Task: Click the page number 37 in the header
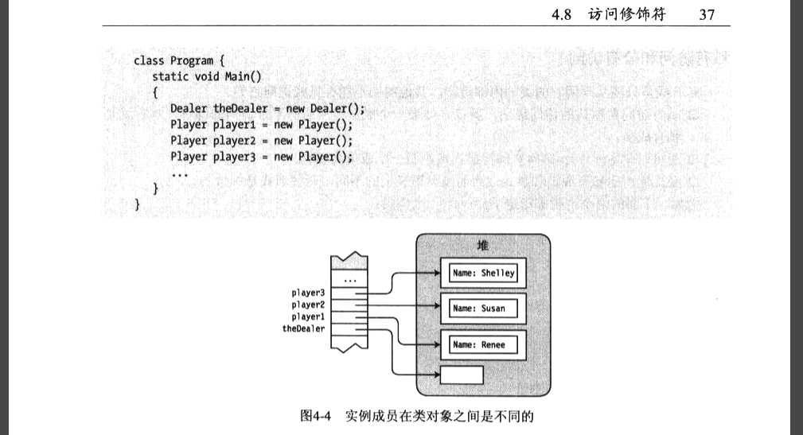708,14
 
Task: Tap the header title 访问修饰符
628,14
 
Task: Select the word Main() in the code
240,76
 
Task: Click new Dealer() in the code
319,108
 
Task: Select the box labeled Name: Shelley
483,274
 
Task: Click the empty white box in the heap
462,373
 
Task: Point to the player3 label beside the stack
307,293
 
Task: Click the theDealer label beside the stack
303,328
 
